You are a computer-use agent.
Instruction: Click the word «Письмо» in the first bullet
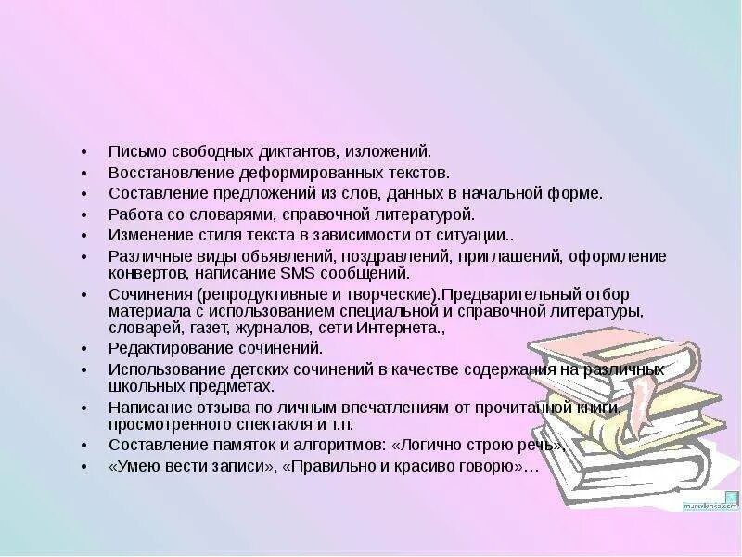(x=133, y=150)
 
